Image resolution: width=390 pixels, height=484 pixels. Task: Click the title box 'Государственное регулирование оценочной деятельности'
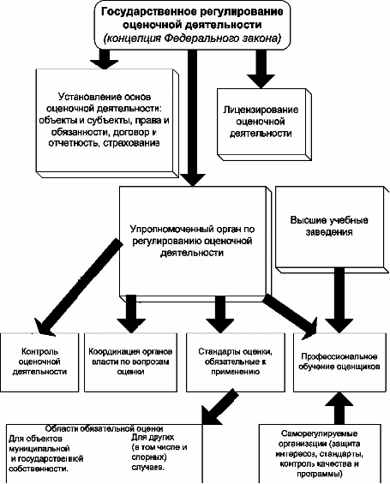(192, 25)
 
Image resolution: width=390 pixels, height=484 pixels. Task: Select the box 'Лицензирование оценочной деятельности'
(264, 124)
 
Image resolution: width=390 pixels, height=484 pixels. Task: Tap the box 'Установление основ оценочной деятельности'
(107, 122)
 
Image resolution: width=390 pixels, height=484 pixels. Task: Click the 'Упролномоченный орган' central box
(195, 242)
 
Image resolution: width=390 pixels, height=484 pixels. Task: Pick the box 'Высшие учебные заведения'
(332, 229)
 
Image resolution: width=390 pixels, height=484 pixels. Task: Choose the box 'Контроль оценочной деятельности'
(39, 362)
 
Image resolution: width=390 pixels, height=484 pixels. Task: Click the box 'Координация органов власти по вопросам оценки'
(130, 362)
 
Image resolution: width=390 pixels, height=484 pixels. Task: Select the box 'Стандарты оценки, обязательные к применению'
(236, 362)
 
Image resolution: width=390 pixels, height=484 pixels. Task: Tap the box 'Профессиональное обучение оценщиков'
(339, 362)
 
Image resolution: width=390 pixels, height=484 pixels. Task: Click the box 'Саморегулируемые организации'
(320, 453)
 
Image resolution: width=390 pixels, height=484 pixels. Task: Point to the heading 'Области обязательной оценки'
(104, 429)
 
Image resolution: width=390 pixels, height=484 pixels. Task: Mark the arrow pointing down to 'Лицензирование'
(261, 69)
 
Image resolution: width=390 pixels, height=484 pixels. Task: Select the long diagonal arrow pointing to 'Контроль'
(79, 287)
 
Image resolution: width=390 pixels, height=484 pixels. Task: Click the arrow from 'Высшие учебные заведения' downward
(339, 300)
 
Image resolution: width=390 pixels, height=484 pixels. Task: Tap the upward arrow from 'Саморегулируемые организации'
(339, 408)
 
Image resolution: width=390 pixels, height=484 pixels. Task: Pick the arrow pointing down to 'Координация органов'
(131, 314)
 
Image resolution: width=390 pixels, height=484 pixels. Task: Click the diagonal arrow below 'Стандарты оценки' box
(219, 407)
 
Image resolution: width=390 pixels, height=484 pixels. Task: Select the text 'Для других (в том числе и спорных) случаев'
(159, 452)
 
